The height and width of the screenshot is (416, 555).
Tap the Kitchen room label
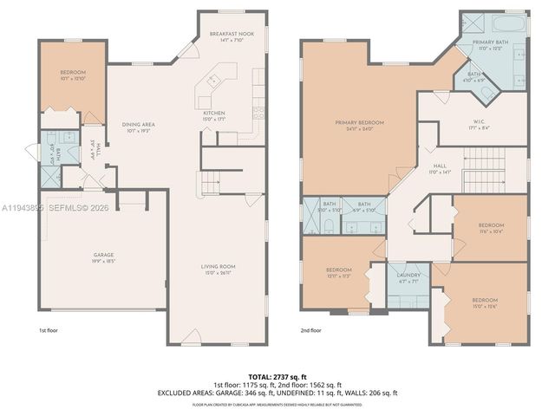213,116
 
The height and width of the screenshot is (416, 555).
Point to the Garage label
104,257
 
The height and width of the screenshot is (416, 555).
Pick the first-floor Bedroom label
72,75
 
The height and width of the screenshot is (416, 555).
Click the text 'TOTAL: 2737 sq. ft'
277,376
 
